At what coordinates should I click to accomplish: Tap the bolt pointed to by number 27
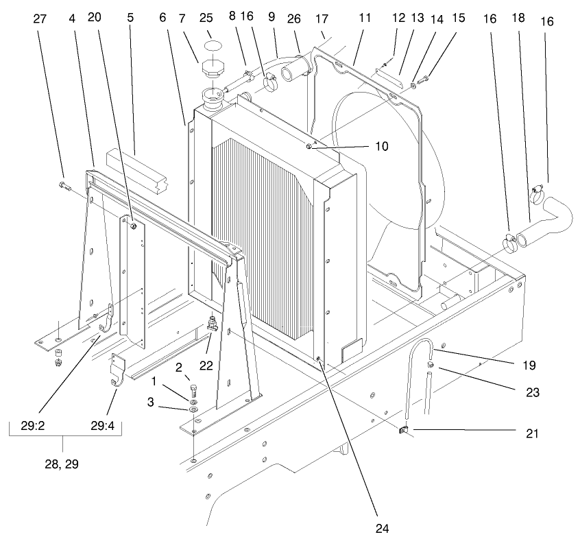pos(64,186)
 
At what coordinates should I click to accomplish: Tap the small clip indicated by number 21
pos(404,431)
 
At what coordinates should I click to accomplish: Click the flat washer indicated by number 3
pos(193,410)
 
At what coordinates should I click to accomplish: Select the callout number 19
pos(527,366)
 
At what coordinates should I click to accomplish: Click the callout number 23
pos(527,394)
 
